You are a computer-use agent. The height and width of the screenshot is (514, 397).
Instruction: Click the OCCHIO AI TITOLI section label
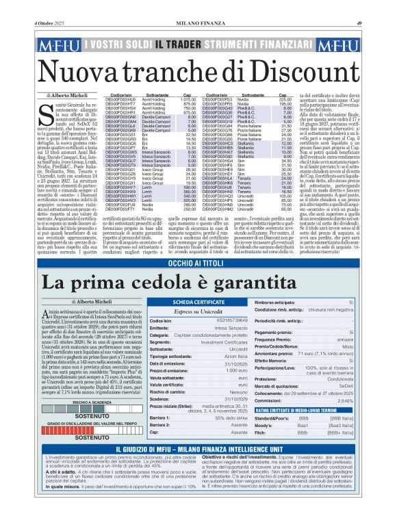click(x=198, y=243)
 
